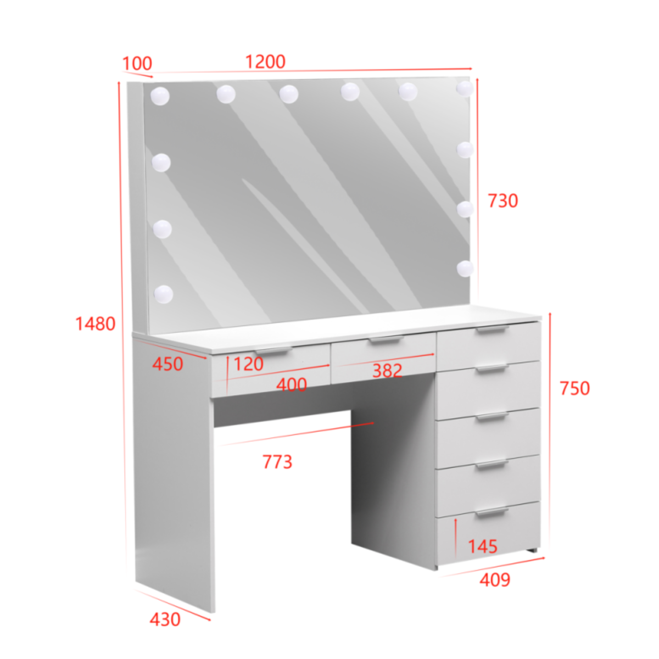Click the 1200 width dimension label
tap(265, 62)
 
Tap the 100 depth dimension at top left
tap(137, 63)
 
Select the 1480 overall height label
tap(96, 323)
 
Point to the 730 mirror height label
tap(502, 201)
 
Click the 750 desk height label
tap(575, 388)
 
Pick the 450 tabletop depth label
tap(167, 364)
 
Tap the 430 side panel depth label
tap(165, 619)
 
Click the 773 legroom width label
tap(277, 462)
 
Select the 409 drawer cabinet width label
tap(495, 580)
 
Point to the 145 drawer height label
tap(482, 546)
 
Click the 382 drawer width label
tap(387, 371)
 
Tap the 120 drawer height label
tap(248, 364)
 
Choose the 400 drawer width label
tap(292, 385)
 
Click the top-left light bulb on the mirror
tap(160, 96)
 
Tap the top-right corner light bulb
tap(465, 88)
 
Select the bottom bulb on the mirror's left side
tap(164, 294)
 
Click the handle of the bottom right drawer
tap(492, 512)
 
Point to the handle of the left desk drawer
tap(274, 351)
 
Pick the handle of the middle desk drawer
tap(387, 340)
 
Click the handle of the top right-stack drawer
tap(493, 329)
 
